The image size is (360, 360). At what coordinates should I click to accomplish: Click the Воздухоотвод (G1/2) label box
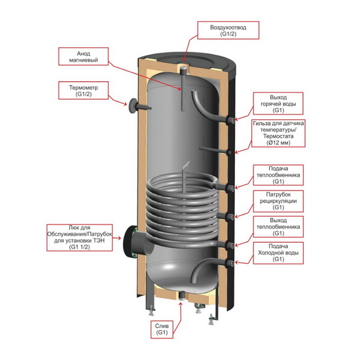(228, 30)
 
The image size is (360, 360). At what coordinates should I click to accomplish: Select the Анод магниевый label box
(83, 56)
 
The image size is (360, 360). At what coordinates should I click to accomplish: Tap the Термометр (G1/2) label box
(83, 91)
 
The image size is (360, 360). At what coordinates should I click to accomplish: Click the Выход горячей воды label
(278, 103)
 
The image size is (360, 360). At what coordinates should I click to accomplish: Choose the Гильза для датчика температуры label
(278, 133)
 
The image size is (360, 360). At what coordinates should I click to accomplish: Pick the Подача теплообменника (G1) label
(278, 175)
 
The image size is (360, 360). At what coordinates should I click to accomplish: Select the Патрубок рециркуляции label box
(278, 201)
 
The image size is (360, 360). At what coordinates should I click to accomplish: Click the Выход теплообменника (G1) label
(278, 227)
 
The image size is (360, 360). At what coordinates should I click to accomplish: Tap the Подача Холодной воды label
(278, 253)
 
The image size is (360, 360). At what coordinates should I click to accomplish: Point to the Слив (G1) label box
(162, 329)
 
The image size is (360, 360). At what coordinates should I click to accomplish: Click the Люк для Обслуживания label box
(80, 238)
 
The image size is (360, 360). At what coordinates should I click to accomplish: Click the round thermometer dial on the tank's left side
(132, 105)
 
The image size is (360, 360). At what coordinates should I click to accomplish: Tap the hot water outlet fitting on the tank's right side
(230, 120)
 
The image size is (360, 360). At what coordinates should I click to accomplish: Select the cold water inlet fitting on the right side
(230, 263)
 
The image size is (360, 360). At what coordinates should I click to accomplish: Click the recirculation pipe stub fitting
(230, 217)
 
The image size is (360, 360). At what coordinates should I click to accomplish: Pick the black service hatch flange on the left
(130, 241)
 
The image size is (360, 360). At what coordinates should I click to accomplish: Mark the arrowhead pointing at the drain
(181, 304)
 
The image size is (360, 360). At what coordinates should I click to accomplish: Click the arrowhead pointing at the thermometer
(126, 104)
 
